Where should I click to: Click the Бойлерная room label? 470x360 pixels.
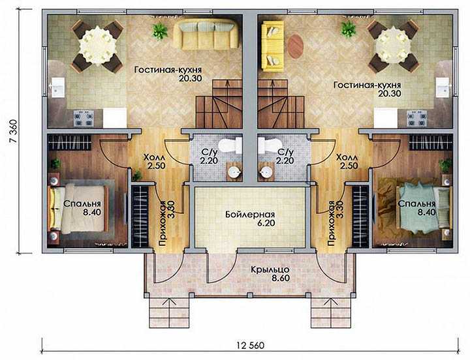pos(250,215)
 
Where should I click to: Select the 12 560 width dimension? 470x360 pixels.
pos(251,345)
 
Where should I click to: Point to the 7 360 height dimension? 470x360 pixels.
pos(14,132)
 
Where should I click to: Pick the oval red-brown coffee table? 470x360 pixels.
pos(296,46)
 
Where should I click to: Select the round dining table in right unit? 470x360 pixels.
pos(393,46)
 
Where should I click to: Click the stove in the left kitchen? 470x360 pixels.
pos(84,118)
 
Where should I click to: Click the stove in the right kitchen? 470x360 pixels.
pos(416,118)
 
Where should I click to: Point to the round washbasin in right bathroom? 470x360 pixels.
pos(266,172)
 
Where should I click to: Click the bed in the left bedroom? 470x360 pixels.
pos(78,209)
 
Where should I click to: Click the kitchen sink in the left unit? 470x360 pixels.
pos(58,87)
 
